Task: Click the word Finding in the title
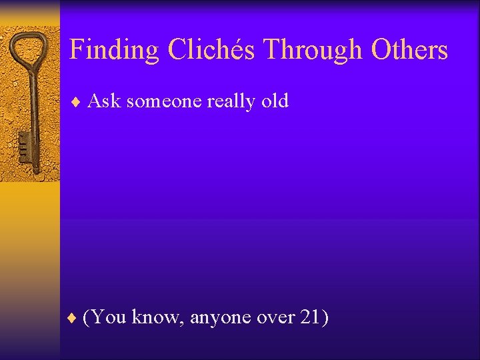tap(115, 51)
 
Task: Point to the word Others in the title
tap(409, 50)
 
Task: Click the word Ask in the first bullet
tap(104, 101)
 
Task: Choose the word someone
tap(164, 102)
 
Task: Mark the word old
tap(275, 101)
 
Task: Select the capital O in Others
tap(383, 50)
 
